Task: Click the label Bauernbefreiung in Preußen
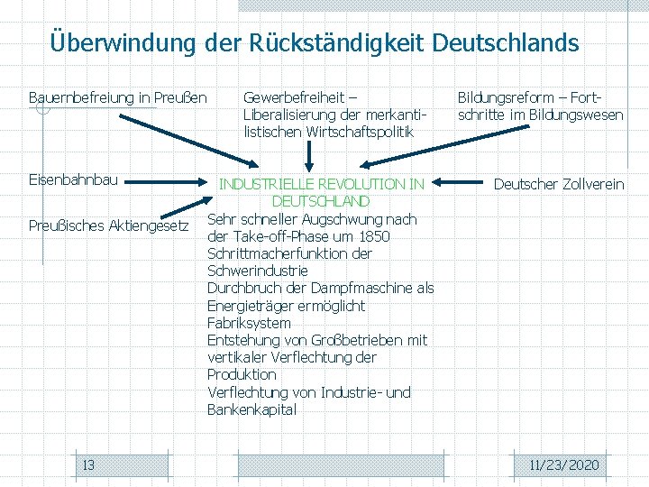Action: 117,97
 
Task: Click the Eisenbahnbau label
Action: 73,179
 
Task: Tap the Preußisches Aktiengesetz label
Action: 108,225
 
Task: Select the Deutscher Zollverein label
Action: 558,184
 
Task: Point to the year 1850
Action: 373,236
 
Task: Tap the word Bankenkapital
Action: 251,410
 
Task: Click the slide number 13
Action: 88,465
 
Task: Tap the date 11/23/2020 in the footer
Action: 564,465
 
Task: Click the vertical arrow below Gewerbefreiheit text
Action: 309,154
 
